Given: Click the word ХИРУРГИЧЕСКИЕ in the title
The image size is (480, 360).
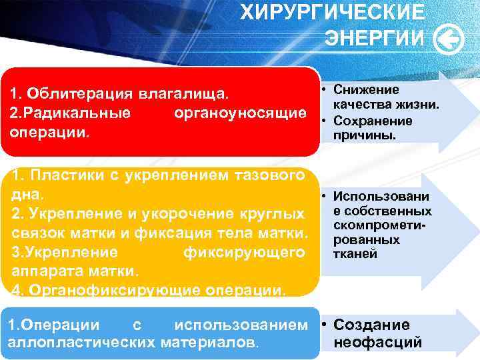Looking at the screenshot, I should tap(332, 12).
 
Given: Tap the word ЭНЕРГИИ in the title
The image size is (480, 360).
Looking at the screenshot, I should tap(374, 39).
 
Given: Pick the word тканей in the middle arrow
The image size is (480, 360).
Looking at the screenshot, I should tap(359, 254).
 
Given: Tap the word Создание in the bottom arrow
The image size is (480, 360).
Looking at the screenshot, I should tap(371, 325).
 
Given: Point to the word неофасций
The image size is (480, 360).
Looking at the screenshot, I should tap(378, 343).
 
